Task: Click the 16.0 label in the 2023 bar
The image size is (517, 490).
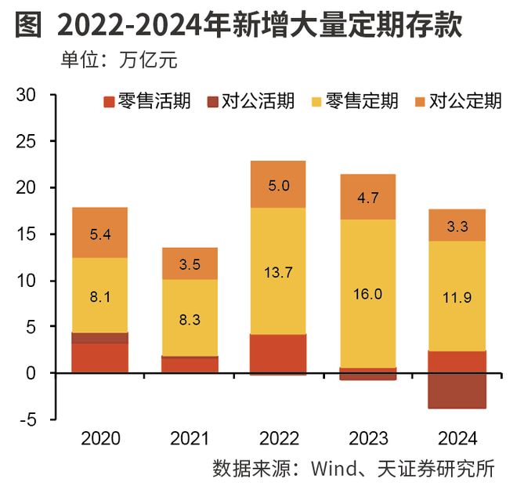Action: (x=367, y=294)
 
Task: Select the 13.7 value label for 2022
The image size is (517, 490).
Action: (x=279, y=272)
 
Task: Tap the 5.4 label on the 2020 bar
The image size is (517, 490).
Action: (x=99, y=233)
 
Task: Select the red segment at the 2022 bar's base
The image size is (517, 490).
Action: (x=279, y=354)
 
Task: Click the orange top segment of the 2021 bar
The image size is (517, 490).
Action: (x=189, y=263)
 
